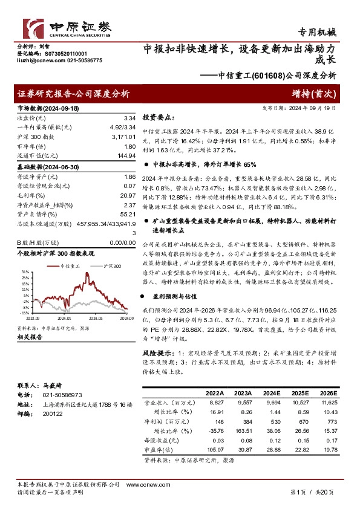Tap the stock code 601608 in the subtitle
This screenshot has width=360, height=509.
pyautogui.click(x=266, y=76)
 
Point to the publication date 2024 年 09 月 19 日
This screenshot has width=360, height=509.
pyautogui.click(x=309, y=108)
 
